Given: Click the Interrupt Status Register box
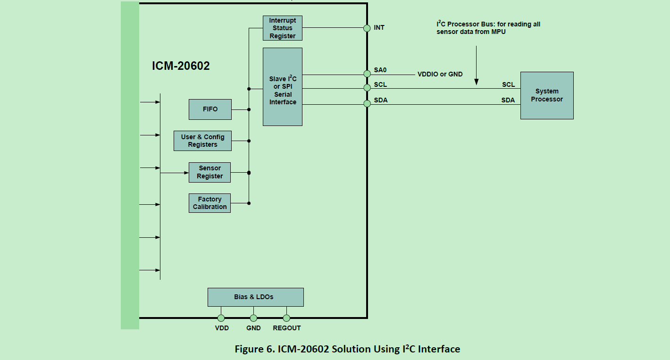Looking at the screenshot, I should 282,28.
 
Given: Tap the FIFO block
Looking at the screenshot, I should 210,109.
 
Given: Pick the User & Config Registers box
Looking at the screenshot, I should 202,141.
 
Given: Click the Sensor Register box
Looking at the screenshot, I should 209,172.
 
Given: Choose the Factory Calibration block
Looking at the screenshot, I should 209,203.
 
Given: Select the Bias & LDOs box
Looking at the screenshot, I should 255,297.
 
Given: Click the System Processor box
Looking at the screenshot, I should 546,95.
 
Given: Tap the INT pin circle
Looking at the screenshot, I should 367,28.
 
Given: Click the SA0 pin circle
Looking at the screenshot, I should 367,74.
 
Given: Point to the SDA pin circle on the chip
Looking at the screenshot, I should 367,104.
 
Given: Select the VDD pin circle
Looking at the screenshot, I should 221,318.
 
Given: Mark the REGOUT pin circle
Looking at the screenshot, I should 286,318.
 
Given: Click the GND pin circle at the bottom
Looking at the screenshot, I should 253,318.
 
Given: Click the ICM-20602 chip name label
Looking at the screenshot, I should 181,66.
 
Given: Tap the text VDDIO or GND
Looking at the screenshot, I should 440,75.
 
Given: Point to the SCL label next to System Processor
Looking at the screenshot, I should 508,85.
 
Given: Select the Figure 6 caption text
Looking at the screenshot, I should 347,349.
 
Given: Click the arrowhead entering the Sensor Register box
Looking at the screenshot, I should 186,173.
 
